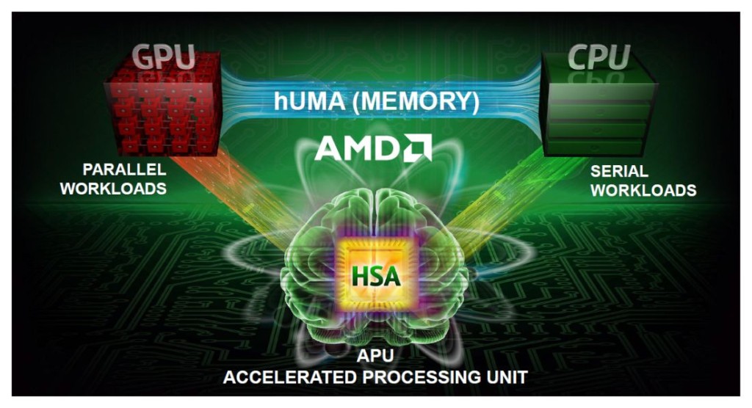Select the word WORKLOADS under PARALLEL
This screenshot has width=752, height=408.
(113, 189)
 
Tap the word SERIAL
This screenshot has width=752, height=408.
(619, 171)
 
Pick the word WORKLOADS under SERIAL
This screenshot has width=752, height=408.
(643, 190)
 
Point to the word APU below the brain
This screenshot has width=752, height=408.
(375, 359)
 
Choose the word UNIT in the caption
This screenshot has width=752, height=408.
(507, 378)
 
